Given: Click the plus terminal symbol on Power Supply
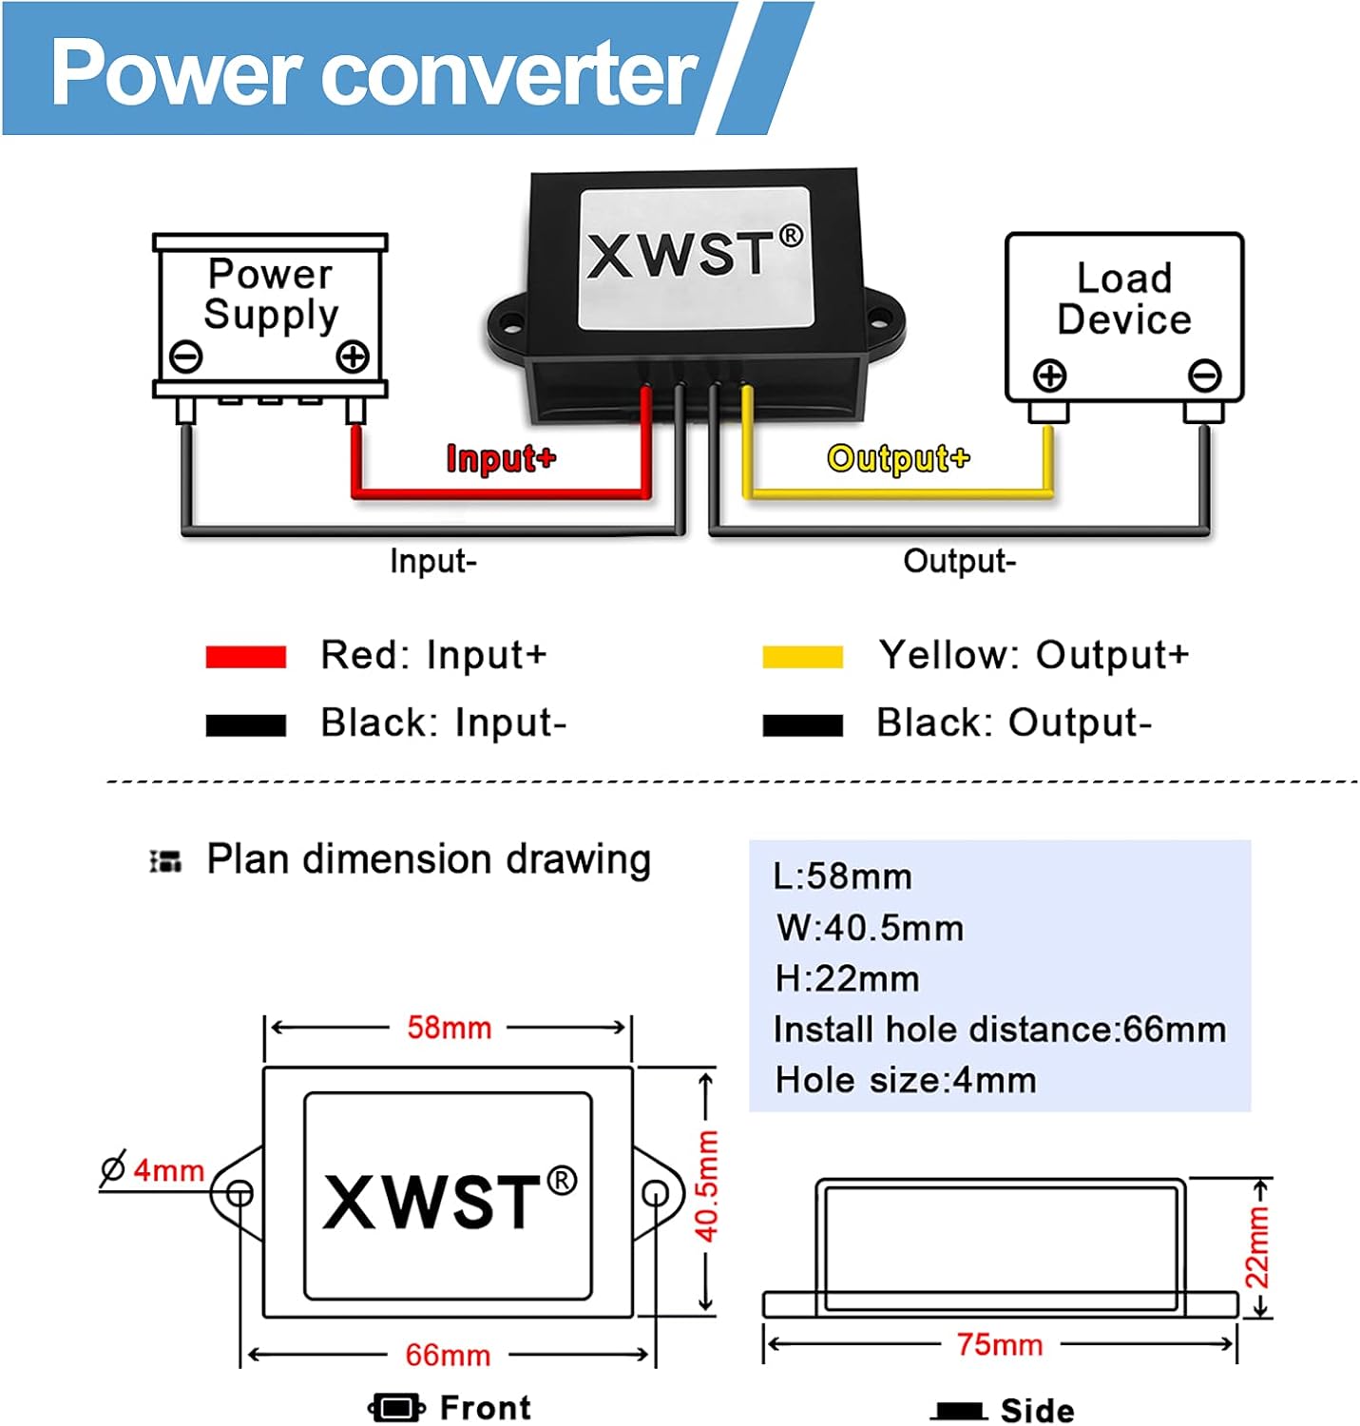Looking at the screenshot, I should coord(353,358).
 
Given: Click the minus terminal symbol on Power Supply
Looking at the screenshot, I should coord(186,357).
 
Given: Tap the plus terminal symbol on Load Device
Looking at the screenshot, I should coord(1050,376).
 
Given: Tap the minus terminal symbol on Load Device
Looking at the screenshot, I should coord(1204,376).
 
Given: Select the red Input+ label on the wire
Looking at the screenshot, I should coord(501,458).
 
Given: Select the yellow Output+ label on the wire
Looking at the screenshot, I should coord(898,458).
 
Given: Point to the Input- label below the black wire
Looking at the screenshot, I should coord(433,561).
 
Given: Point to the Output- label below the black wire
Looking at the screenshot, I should coord(959,561).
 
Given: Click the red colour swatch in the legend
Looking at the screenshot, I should coord(246,657).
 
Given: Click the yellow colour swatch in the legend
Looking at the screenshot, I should coord(802,657).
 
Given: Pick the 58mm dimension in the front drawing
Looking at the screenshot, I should coord(449,1028).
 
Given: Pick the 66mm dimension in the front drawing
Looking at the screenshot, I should coord(448,1355).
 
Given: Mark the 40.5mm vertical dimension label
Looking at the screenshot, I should coord(706,1186).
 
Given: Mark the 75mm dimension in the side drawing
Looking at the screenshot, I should coord(1000,1345).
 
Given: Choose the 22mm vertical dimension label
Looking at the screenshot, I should coord(1257,1247).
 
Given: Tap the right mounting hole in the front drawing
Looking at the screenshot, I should coord(656,1193).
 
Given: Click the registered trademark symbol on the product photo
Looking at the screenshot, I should coord(791,235).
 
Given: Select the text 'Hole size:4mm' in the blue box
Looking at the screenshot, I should coord(906,1081).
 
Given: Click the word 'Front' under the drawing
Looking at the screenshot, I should coord(485,1408).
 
